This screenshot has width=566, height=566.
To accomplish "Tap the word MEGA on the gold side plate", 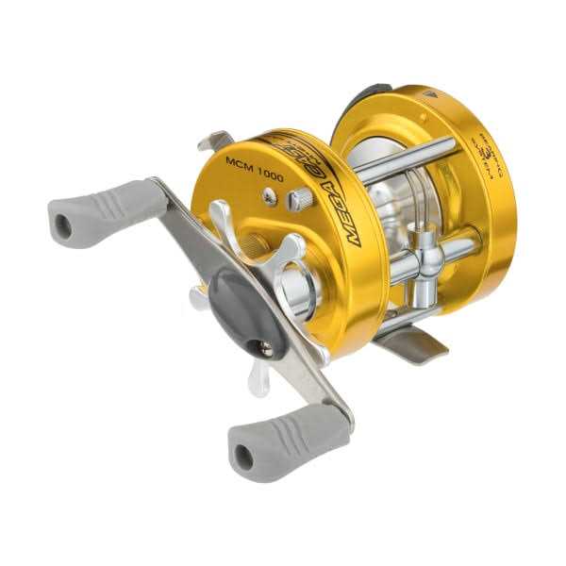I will coord(348,219).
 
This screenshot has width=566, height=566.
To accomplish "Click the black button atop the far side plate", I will coord(373,92).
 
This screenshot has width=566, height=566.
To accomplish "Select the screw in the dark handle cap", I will coord(266,348).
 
